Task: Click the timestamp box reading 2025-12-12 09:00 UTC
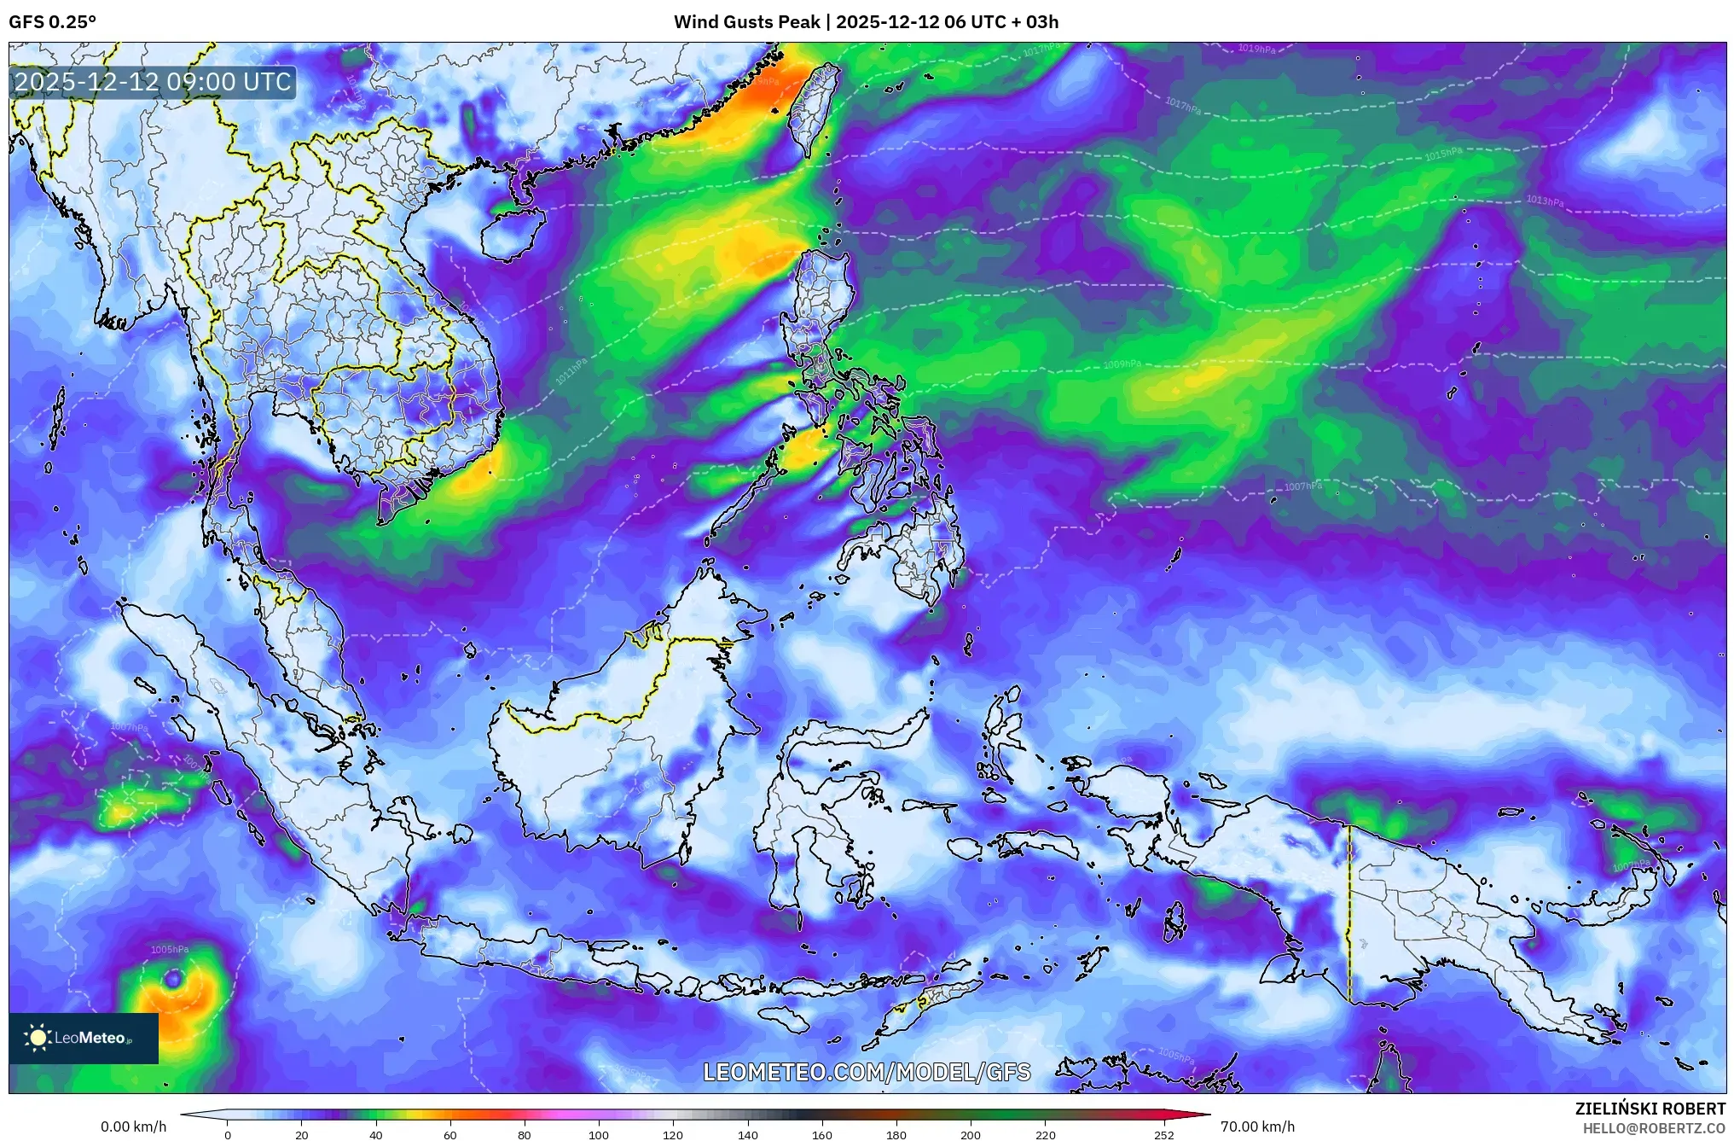pos(154,82)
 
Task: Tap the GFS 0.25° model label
pos(52,22)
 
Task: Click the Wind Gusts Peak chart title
pos(866,22)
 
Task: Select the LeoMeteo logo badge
pos(84,1038)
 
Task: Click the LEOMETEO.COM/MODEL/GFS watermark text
pos(867,1072)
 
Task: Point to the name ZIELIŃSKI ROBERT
pos(1650,1109)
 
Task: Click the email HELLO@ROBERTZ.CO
pos(1654,1128)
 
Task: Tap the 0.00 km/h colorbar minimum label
pos(133,1126)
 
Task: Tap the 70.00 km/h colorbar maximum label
pos(1257,1126)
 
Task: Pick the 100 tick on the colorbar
pos(599,1135)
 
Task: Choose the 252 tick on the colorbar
pos(1164,1135)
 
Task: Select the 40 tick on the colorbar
pos(375,1135)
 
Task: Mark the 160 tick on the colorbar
pos(822,1135)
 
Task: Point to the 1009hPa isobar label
pos(1122,364)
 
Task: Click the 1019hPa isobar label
pos(1256,49)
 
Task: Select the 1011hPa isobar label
pos(571,371)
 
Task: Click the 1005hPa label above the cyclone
pos(170,950)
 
